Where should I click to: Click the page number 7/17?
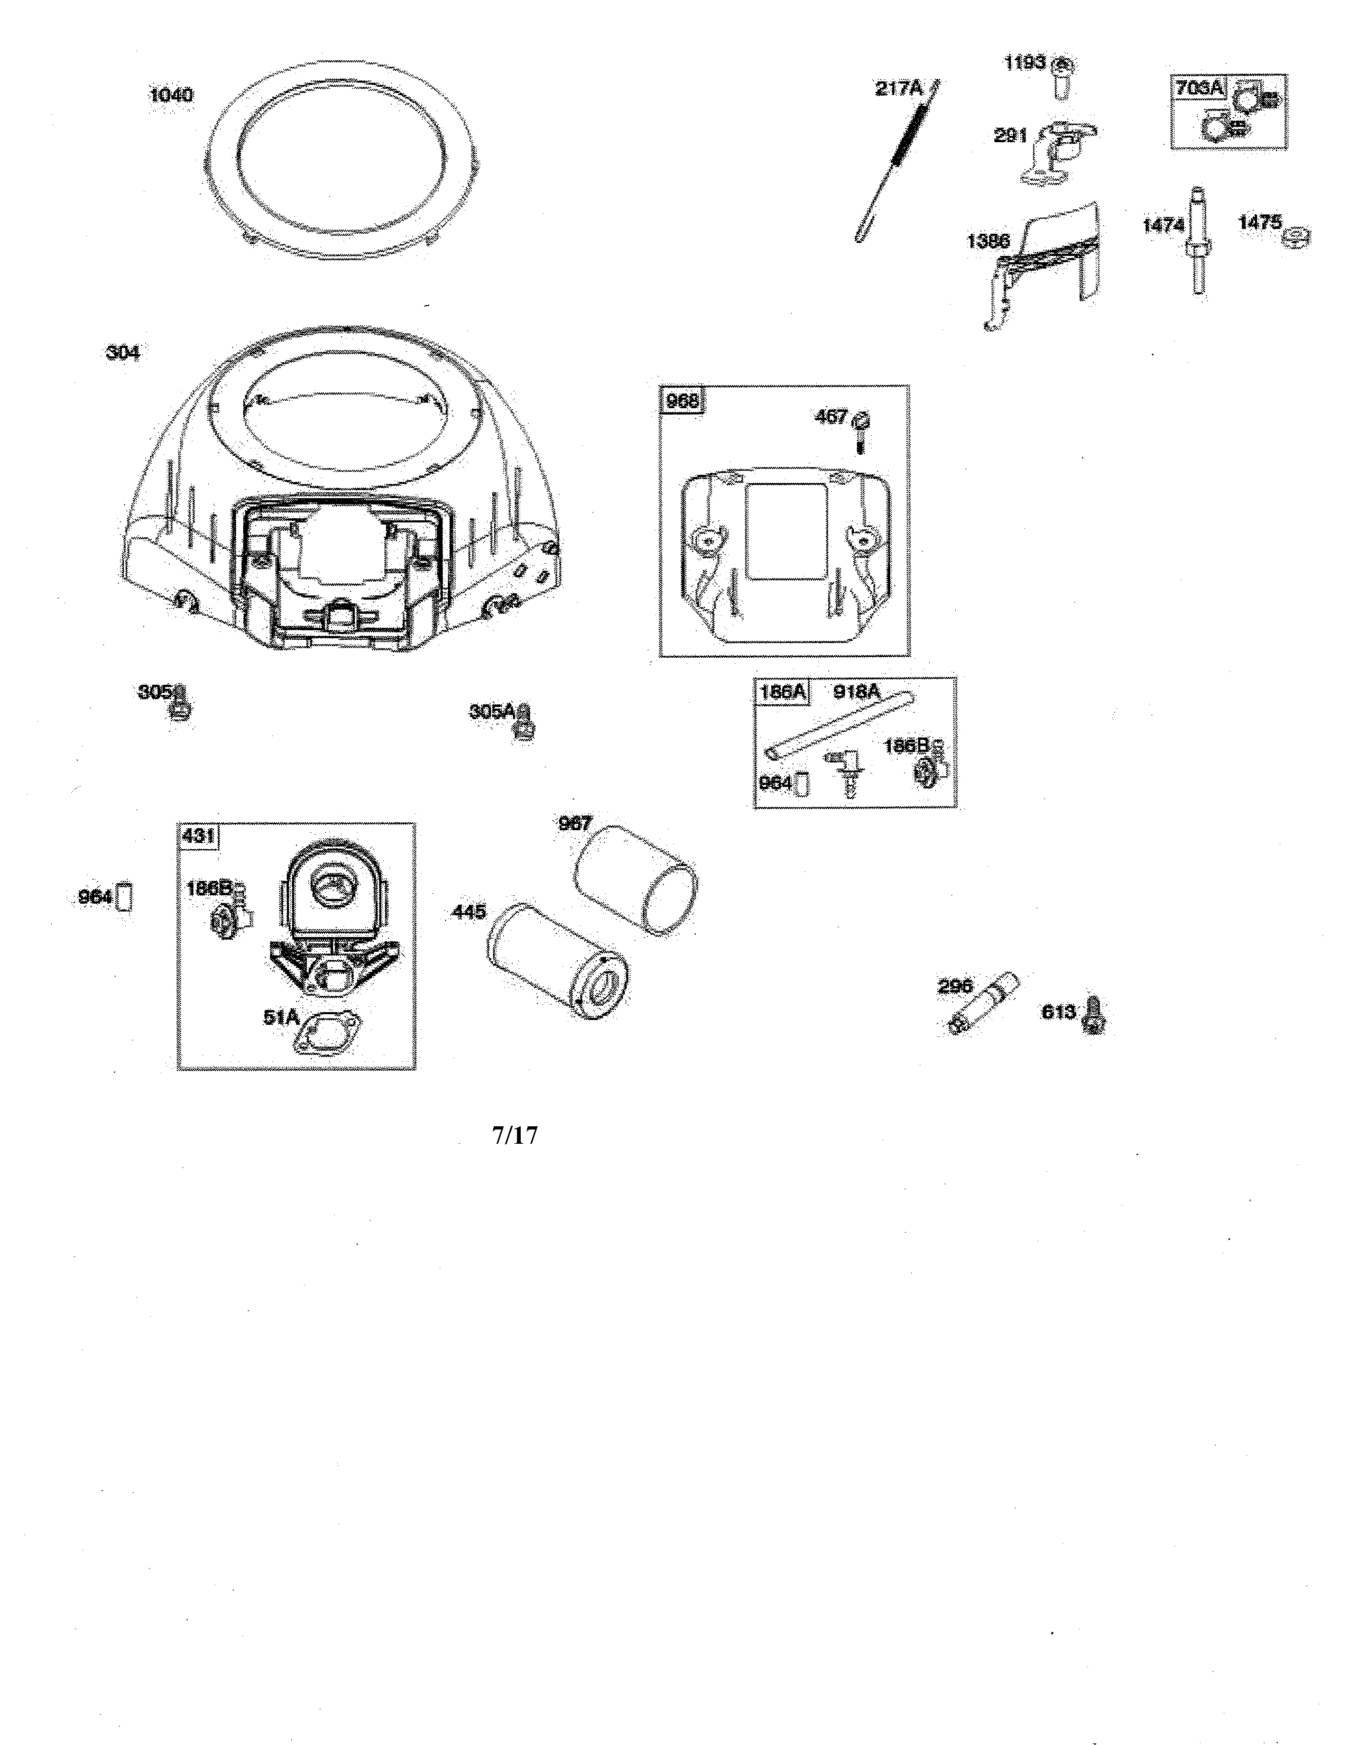(x=515, y=1135)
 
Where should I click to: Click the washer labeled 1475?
(x=1296, y=237)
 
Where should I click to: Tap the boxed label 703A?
(x=1199, y=88)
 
